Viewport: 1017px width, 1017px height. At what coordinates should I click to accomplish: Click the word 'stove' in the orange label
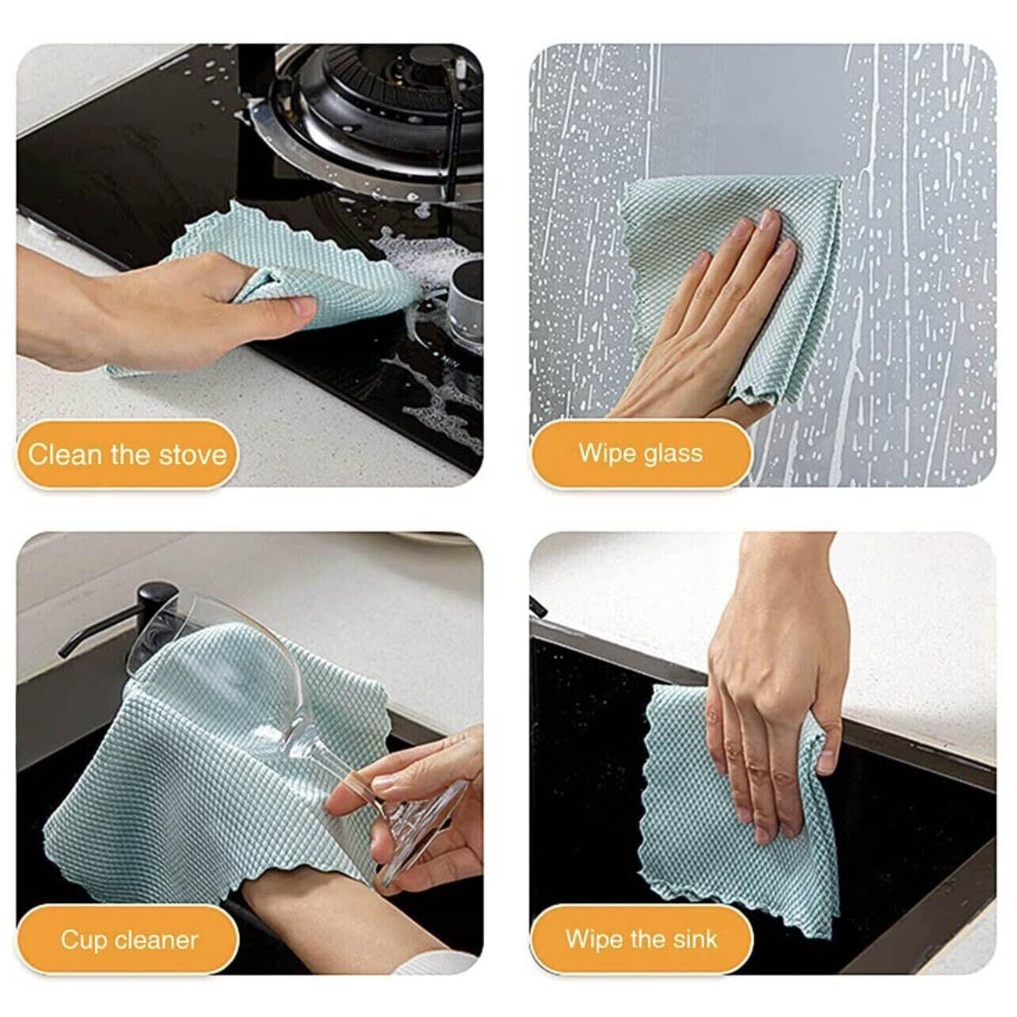point(192,455)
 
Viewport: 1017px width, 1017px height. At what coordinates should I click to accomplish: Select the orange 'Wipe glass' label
point(641,454)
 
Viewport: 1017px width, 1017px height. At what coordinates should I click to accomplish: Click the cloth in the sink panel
point(733,807)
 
